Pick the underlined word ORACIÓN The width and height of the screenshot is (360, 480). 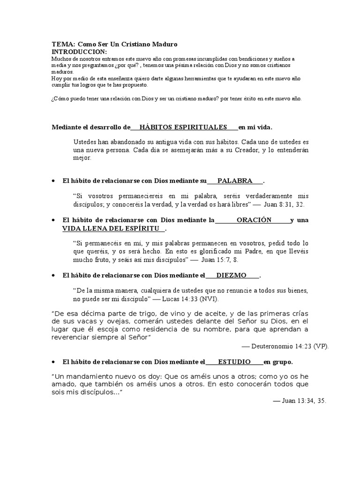[254, 220]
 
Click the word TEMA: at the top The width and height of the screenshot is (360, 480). [63, 44]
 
